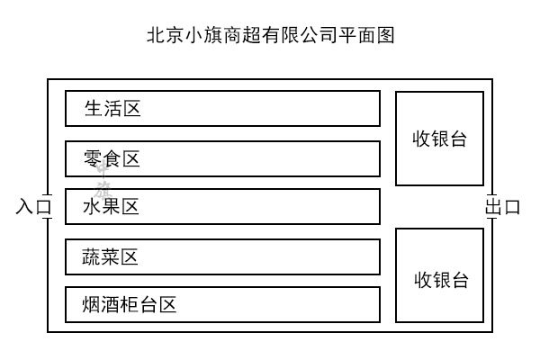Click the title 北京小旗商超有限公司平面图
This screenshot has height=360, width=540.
[x=270, y=36]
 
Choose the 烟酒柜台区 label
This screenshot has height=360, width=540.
[x=129, y=305]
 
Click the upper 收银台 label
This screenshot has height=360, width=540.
[x=440, y=139]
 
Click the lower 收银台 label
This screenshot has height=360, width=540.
[x=441, y=280]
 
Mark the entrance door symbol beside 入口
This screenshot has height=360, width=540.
[x=48, y=206]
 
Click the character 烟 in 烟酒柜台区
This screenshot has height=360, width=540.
[x=92, y=305]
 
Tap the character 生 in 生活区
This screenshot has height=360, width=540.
[x=93, y=110]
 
